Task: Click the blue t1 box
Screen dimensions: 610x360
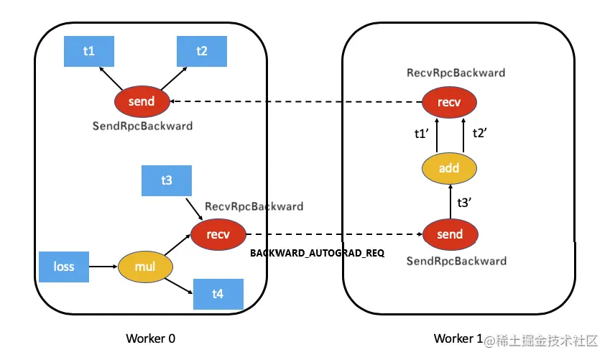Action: (x=89, y=51)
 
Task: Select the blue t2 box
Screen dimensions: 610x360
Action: (x=202, y=51)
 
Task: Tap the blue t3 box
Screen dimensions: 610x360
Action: (x=167, y=180)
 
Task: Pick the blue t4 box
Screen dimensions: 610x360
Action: (x=218, y=294)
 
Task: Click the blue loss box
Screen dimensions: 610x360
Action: (x=64, y=267)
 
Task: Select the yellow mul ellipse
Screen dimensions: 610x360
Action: (x=145, y=267)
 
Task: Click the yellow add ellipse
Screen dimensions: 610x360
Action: (x=449, y=168)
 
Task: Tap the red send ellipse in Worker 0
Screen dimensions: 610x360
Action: (x=142, y=101)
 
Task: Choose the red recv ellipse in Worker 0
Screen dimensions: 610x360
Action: (x=218, y=234)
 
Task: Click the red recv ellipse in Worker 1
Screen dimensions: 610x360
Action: (x=449, y=102)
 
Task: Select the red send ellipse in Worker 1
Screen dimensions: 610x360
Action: (x=450, y=234)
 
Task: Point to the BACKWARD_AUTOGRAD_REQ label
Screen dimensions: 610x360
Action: (x=317, y=254)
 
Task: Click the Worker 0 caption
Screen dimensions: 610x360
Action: (x=151, y=338)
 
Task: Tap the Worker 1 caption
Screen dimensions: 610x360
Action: (x=458, y=338)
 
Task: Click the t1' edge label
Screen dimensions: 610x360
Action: (x=421, y=134)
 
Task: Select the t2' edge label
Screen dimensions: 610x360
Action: (x=480, y=133)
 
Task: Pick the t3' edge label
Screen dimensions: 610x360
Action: (x=464, y=203)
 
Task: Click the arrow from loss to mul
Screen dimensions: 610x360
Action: (x=103, y=267)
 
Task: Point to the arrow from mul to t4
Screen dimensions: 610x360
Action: (x=179, y=286)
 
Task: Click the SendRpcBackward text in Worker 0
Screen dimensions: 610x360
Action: (x=142, y=126)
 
